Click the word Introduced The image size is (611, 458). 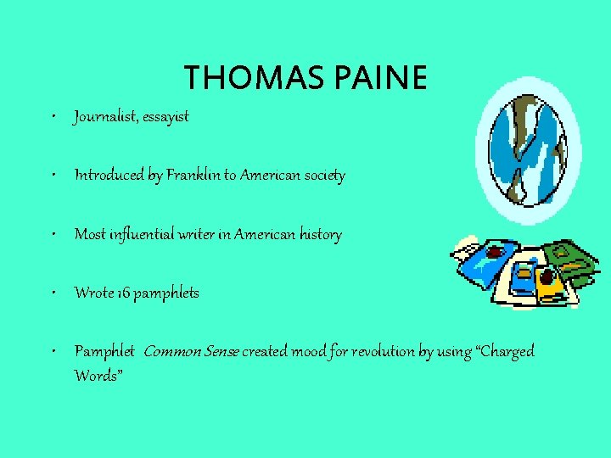[109, 176]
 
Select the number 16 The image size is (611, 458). [118, 293]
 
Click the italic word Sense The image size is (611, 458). [220, 351]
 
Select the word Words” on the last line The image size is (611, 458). [98, 375]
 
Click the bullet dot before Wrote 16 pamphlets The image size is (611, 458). [53, 293]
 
